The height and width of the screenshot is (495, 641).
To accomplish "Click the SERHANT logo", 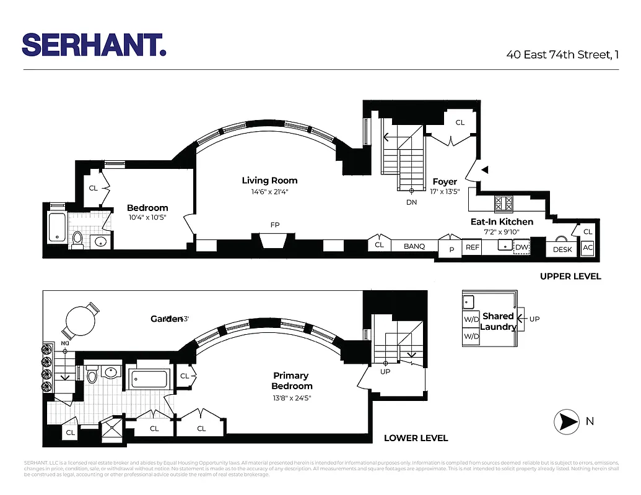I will tap(94, 45).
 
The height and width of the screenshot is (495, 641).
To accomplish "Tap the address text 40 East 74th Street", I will tap(562, 54).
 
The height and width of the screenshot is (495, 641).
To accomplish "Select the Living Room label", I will tap(269, 181).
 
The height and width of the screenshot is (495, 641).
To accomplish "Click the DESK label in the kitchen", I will tap(562, 249).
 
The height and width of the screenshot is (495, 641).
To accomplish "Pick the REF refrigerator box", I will tap(473, 247).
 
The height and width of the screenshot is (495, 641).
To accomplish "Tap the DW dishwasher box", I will tap(521, 247).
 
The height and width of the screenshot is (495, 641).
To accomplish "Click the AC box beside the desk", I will tap(588, 248).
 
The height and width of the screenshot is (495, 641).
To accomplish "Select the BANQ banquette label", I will tap(414, 246).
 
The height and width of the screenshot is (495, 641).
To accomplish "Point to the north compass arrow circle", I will tap(565, 422).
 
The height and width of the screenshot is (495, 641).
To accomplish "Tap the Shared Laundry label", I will tap(498, 321).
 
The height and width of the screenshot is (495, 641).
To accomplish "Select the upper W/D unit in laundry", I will tap(471, 320).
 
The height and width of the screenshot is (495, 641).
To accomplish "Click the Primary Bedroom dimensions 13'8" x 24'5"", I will tap(290, 398).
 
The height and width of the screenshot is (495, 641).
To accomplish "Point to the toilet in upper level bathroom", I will tap(78, 239).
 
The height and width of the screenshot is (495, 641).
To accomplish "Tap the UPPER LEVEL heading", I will tap(570, 276).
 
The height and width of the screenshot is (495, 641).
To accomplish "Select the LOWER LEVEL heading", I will tap(416, 438).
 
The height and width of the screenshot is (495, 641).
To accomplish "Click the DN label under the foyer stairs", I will tap(412, 202).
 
